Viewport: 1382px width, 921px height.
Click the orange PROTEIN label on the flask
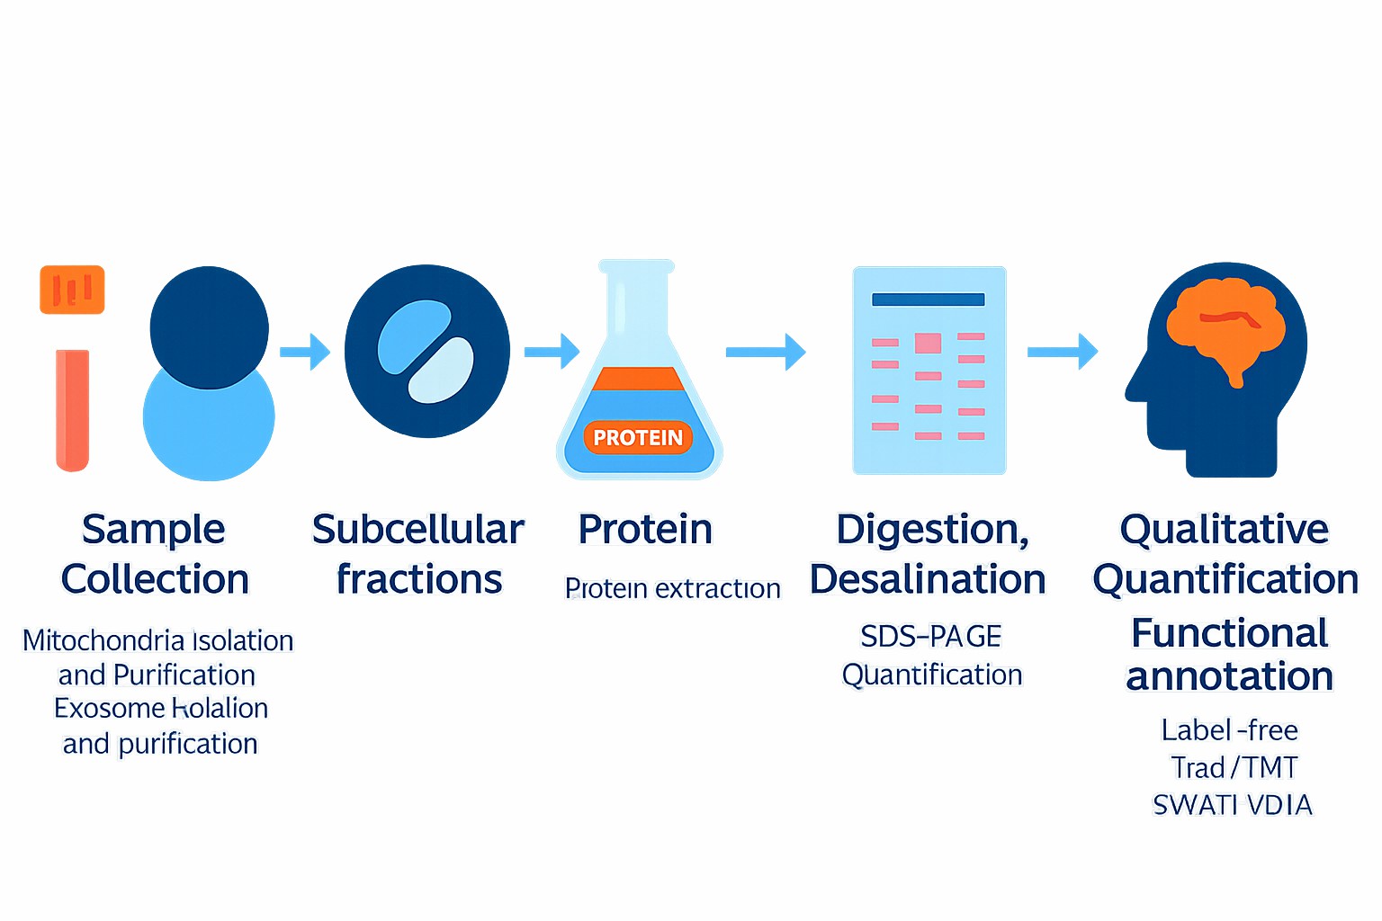point(638,438)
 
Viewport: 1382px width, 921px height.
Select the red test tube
point(72,410)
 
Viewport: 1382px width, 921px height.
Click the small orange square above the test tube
point(72,290)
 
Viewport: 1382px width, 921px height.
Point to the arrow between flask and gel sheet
point(765,352)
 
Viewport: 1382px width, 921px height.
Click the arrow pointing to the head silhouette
point(1063,352)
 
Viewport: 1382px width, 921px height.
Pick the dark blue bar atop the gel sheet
point(928,300)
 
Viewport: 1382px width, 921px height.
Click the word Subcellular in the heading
point(417,530)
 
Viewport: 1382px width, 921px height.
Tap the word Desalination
point(928,580)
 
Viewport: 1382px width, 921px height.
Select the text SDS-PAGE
point(930,637)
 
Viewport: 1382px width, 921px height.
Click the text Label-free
point(1229,729)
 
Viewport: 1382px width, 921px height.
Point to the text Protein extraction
point(672,588)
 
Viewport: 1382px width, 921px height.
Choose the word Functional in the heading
point(1229,633)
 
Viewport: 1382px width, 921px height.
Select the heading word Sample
point(153,530)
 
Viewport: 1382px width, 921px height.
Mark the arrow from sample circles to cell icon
point(305,352)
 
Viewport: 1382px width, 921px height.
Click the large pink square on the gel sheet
point(928,343)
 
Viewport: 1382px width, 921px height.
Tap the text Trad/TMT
point(1234,767)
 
